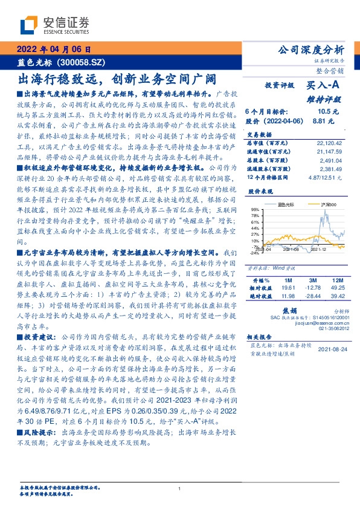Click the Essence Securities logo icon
pyautogui.click(x=28, y=26)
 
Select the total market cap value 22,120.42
pyautogui.click(x=330, y=143)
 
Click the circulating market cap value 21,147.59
pyautogui.click(x=330, y=151)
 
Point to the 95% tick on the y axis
pyautogui.click(x=254, y=209)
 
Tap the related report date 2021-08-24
pyautogui.click(x=330, y=349)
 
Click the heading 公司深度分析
pyautogui.click(x=313, y=50)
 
